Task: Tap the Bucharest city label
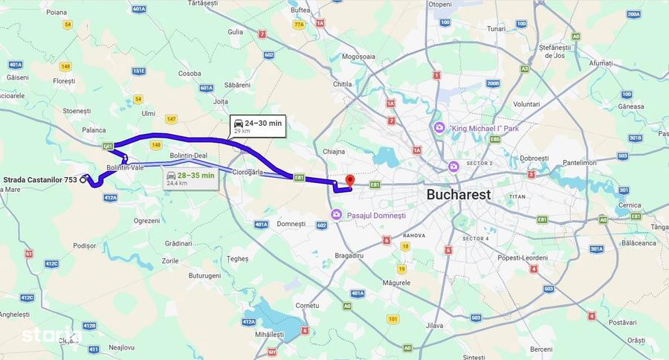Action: [x=459, y=195]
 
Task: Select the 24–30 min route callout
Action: [x=257, y=126]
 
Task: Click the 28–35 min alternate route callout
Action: [x=190, y=179]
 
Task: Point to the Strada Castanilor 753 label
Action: [x=40, y=180]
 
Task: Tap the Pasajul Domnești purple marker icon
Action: [x=336, y=215]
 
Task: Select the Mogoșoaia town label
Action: [x=359, y=57]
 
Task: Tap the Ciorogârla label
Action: [x=248, y=172]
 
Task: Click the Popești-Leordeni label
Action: [x=523, y=258]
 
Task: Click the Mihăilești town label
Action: [x=268, y=335]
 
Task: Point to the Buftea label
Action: [x=300, y=10]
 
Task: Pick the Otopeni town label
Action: [x=439, y=4]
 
